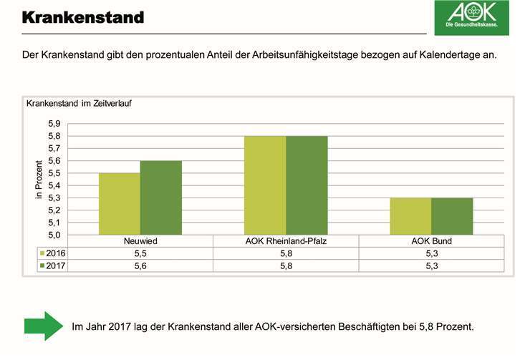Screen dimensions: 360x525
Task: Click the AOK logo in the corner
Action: pos(471,18)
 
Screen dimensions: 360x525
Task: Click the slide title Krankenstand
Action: pos(82,16)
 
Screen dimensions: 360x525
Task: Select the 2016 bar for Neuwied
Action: pos(120,204)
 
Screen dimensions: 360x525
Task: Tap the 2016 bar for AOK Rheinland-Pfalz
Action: pos(265,185)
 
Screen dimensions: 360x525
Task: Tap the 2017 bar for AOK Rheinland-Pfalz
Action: pos(307,185)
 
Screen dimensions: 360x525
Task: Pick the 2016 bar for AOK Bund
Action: pos(410,216)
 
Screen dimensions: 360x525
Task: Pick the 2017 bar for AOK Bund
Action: pos(452,216)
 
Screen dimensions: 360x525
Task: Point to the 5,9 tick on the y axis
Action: pos(69,124)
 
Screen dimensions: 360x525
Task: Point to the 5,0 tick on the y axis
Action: pos(69,235)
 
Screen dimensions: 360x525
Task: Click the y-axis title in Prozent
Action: pos(40,180)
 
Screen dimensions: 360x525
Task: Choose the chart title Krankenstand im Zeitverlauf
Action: pos(79,103)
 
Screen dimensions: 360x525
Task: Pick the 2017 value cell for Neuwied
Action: pos(140,266)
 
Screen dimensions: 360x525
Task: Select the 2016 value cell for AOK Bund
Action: pos(431,253)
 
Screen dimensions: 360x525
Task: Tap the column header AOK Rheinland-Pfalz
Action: pos(286,241)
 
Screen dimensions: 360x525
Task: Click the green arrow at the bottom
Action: pos(44,326)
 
